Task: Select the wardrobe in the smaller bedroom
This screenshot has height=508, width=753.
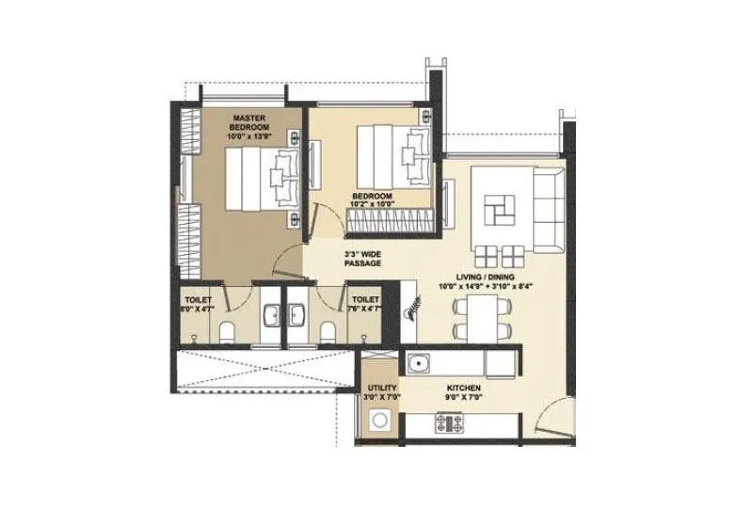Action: point(392,222)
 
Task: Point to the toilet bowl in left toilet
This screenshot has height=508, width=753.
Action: point(228,332)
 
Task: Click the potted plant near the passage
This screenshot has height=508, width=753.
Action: point(411,310)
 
